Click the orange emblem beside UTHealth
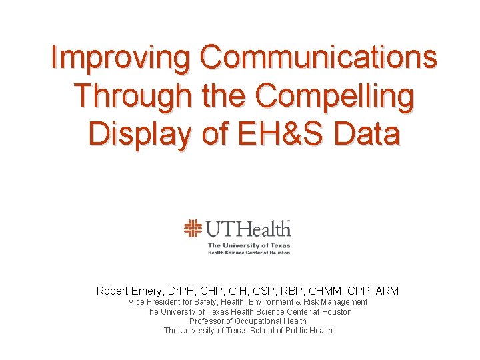click(x=193, y=229)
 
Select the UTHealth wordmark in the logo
click(x=248, y=229)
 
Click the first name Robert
click(x=113, y=291)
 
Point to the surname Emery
click(x=151, y=291)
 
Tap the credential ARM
click(x=387, y=291)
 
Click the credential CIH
click(x=239, y=291)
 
